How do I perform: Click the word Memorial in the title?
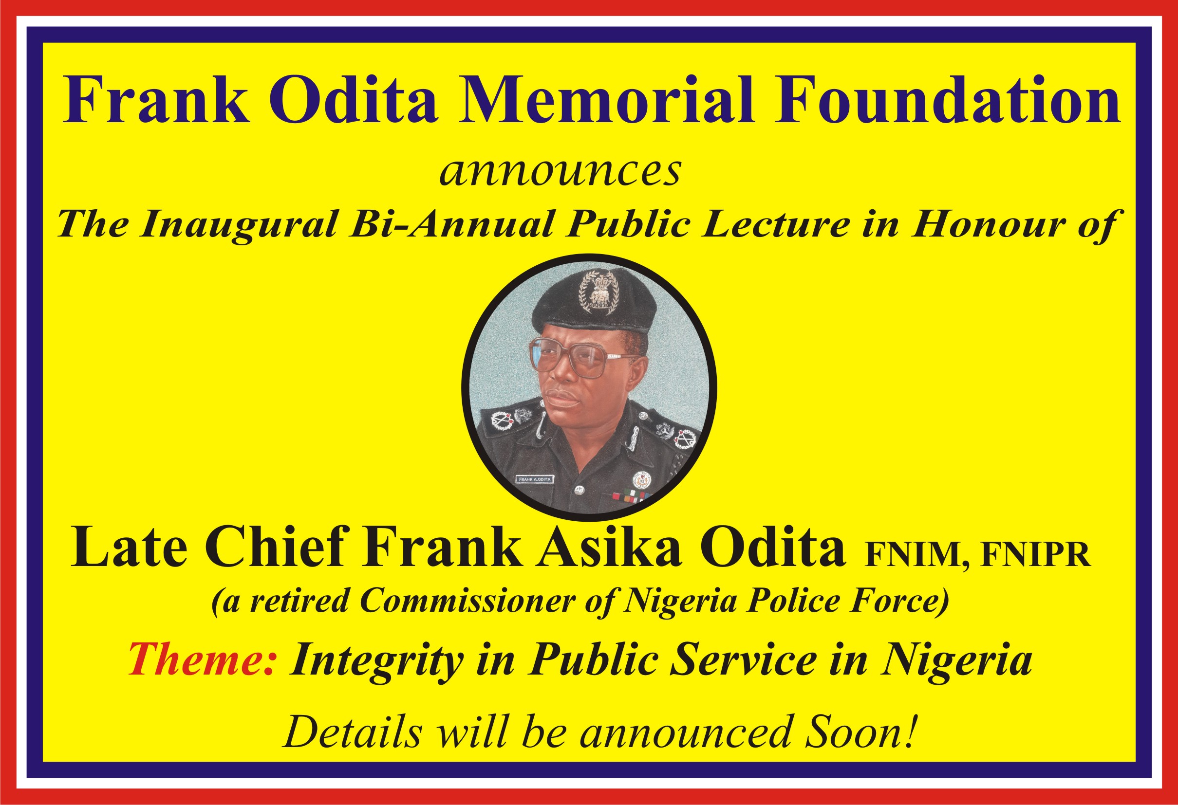[x=606, y=99]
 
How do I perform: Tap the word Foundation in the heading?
[x=947, y=99]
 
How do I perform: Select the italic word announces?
[x=560, y=171]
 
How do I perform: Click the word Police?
[x=792, y=601]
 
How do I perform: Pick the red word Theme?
[x=202, y=659]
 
